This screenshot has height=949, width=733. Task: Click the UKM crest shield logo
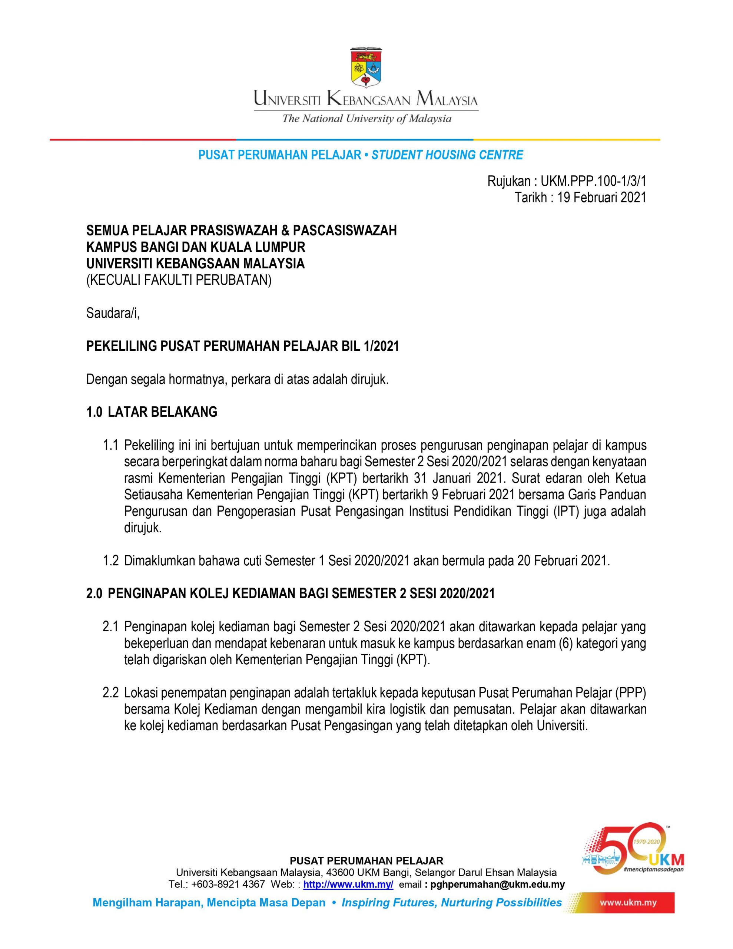[x=366, y=66]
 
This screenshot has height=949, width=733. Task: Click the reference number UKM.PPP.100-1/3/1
[x=594, y=181]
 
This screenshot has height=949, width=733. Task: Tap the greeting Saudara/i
[x=113, y=313]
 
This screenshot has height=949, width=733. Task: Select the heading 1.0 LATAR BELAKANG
[x=152, y=412]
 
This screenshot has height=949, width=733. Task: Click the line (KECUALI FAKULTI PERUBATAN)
[x=179, y=281]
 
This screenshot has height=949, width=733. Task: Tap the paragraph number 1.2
[x=110, y=561]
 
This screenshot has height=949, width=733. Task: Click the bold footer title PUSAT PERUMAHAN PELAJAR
[x=366, y=861]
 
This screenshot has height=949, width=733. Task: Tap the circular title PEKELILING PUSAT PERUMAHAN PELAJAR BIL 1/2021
[x=242, y=346]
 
